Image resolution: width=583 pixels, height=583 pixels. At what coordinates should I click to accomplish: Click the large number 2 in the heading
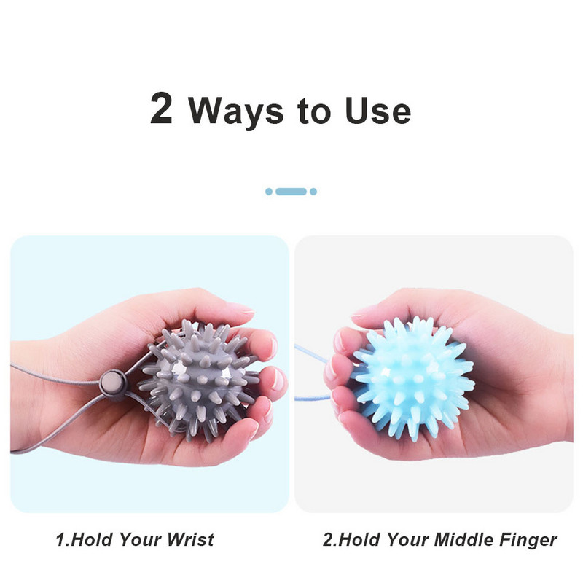coord(162,109)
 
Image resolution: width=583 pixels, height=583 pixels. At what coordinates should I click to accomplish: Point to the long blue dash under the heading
coord(291,192)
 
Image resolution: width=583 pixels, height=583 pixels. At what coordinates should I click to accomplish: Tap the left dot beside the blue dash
coord(269,192)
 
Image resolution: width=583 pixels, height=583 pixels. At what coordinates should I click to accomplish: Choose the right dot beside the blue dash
coord(313,192)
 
